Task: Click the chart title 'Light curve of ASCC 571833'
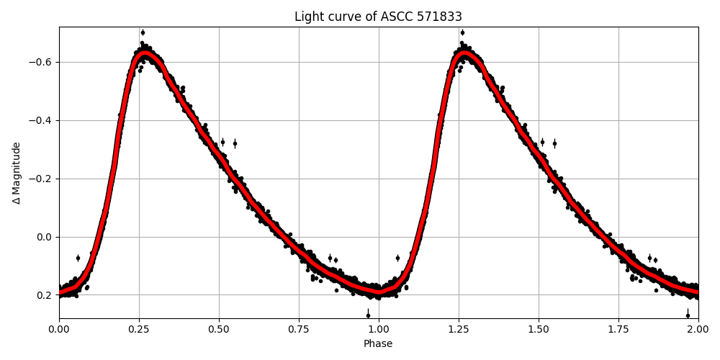pos(378,17)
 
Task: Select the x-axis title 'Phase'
pos(378,344)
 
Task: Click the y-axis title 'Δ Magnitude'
pos(17,173)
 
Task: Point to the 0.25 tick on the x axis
pos(139,328)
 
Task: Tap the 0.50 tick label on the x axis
pos(219,328)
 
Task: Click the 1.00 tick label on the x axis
pos(379,328)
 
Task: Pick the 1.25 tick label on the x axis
pos(459,328)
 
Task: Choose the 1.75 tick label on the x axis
pos(618,328)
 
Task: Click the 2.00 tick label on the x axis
pos(698,328)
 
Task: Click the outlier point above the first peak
pos(143,32)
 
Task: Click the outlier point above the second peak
pos(462,32)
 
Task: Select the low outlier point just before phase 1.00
pos(368,315)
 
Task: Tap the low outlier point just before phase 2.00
pos(688,315)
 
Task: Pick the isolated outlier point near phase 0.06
pos(78,258)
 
